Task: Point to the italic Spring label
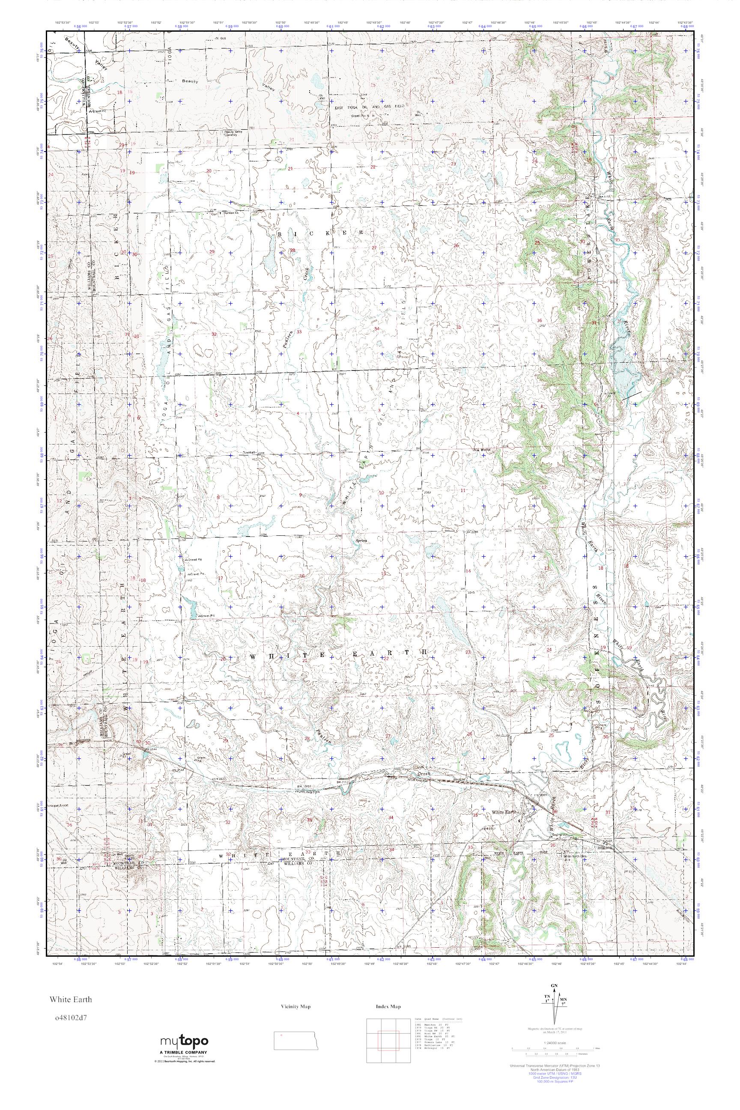pyautogui.click(x=361, y=541)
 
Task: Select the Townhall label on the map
pyautogui.click(x=249, y=453)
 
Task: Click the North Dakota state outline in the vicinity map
pyautogui.click(x=296, y=1040)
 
